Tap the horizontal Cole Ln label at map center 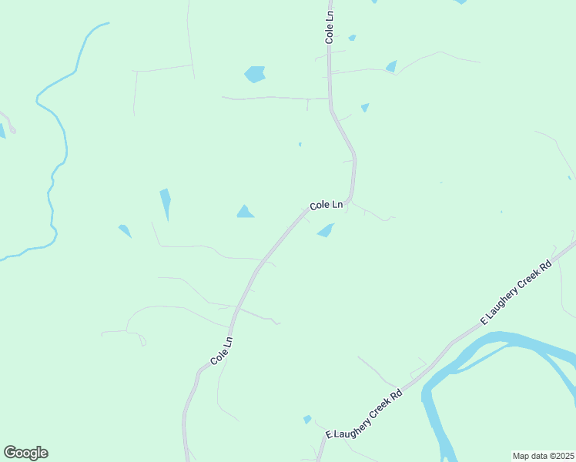click(326, 206)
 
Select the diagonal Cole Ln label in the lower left click(221, 350)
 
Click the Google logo click(25, 453)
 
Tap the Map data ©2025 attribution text click(543, 456)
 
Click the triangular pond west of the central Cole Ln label click(245, 212)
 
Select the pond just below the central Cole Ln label click(327, 230)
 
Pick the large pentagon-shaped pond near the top click(255, 74)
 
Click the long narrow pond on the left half click(166, 203)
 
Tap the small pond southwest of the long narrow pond click(125, 230)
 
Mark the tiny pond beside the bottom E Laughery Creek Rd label click(307, 420)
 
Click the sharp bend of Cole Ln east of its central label click(350, 199)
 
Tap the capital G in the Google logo click(10, 453)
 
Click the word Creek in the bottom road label click(370, 410)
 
